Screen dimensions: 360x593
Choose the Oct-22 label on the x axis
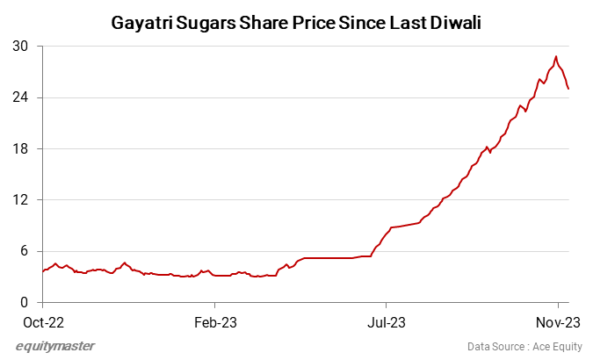tap(42, 320)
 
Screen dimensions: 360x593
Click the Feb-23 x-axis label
tap(215, 320)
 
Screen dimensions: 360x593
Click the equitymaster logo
tap(55, 345)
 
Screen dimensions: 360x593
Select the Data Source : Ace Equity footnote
tap(524, 346)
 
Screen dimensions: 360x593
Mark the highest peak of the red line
tap(556, 57)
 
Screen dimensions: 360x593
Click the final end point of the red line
tap(568, 89)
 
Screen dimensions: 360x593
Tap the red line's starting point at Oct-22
tap(42, 271)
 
